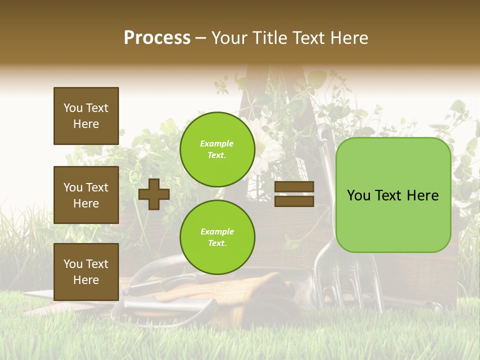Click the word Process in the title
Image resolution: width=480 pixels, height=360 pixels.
tap(157, 38)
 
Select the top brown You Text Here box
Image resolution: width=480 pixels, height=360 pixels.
tap(86, 116)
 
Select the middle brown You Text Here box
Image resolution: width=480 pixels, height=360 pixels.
tap(86, 195)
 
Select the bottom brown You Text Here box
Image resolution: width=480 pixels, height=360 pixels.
tap(86, 272)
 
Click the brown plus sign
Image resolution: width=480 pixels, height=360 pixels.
tap(153, 194)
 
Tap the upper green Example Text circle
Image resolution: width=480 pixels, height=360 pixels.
tap(217, 149)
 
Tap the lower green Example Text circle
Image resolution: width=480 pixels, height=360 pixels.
tap(217, 237)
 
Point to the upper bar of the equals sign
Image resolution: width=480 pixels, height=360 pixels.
tap(294, 186)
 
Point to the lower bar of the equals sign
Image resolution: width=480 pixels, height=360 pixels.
tap(294, 201)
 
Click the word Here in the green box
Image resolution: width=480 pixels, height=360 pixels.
tap(422, 195)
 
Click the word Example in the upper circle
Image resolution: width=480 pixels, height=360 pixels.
tap(216, 143)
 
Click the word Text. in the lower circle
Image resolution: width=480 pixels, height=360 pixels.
tap(216, 243)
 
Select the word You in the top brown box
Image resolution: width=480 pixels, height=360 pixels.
tap(73, 108)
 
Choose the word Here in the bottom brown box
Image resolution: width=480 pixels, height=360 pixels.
tap(86, 280)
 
